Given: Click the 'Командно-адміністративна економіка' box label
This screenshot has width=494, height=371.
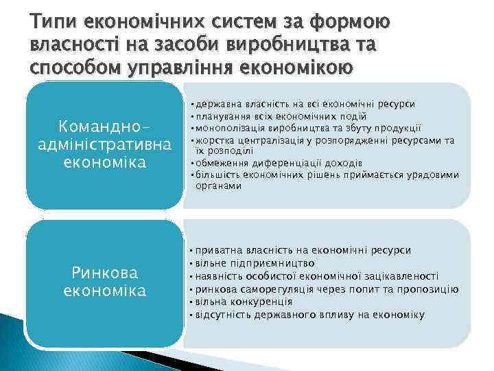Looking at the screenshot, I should [105, 146].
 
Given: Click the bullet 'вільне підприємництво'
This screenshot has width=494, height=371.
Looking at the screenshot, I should [254, 263].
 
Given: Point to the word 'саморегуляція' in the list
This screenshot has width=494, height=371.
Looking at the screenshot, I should [278, 289].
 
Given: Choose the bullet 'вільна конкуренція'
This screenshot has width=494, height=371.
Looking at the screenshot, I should [244, 302].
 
